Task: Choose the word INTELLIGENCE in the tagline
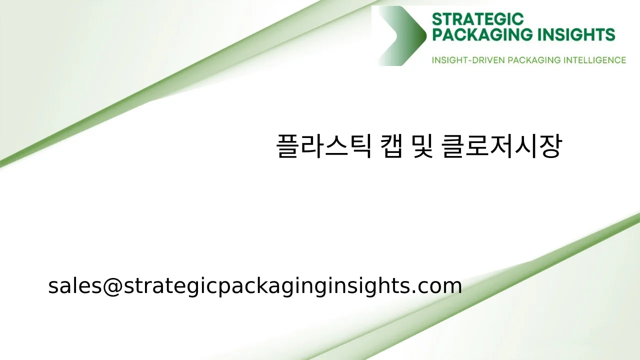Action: pyautogui.click(x=594, y=60)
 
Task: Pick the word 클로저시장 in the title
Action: pyautogui.click(x=501, y=146)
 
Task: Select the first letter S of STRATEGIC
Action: pyautogui.click(x=436, y=19)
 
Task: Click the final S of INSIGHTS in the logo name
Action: pyautogui.click(x=609, y=34)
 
